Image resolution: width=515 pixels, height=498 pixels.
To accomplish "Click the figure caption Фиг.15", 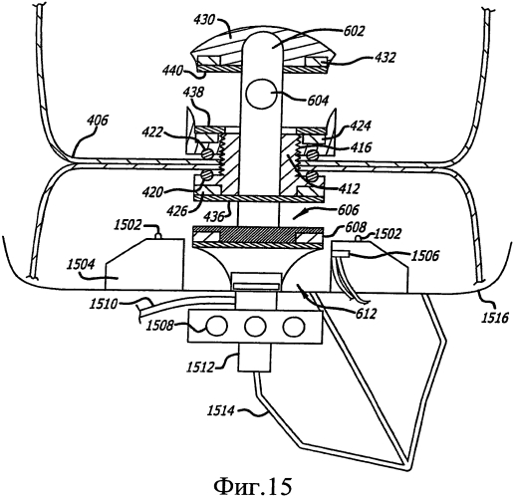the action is (252, 486).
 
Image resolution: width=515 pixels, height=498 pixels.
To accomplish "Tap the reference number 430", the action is (205, 21).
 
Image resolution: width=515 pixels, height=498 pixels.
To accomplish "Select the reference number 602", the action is (354, 31).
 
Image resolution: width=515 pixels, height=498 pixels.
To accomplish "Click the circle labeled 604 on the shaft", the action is (260, 95).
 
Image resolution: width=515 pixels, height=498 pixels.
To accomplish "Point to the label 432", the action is (385, 58).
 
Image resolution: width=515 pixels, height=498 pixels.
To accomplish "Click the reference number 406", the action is (98, 121).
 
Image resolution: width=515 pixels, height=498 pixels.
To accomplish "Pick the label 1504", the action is (81, 265).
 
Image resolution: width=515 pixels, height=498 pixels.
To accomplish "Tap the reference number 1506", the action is (425, 256).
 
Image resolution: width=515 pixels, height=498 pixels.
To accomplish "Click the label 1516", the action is (495, 318).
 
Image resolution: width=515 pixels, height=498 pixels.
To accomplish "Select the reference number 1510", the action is (103, 304).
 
